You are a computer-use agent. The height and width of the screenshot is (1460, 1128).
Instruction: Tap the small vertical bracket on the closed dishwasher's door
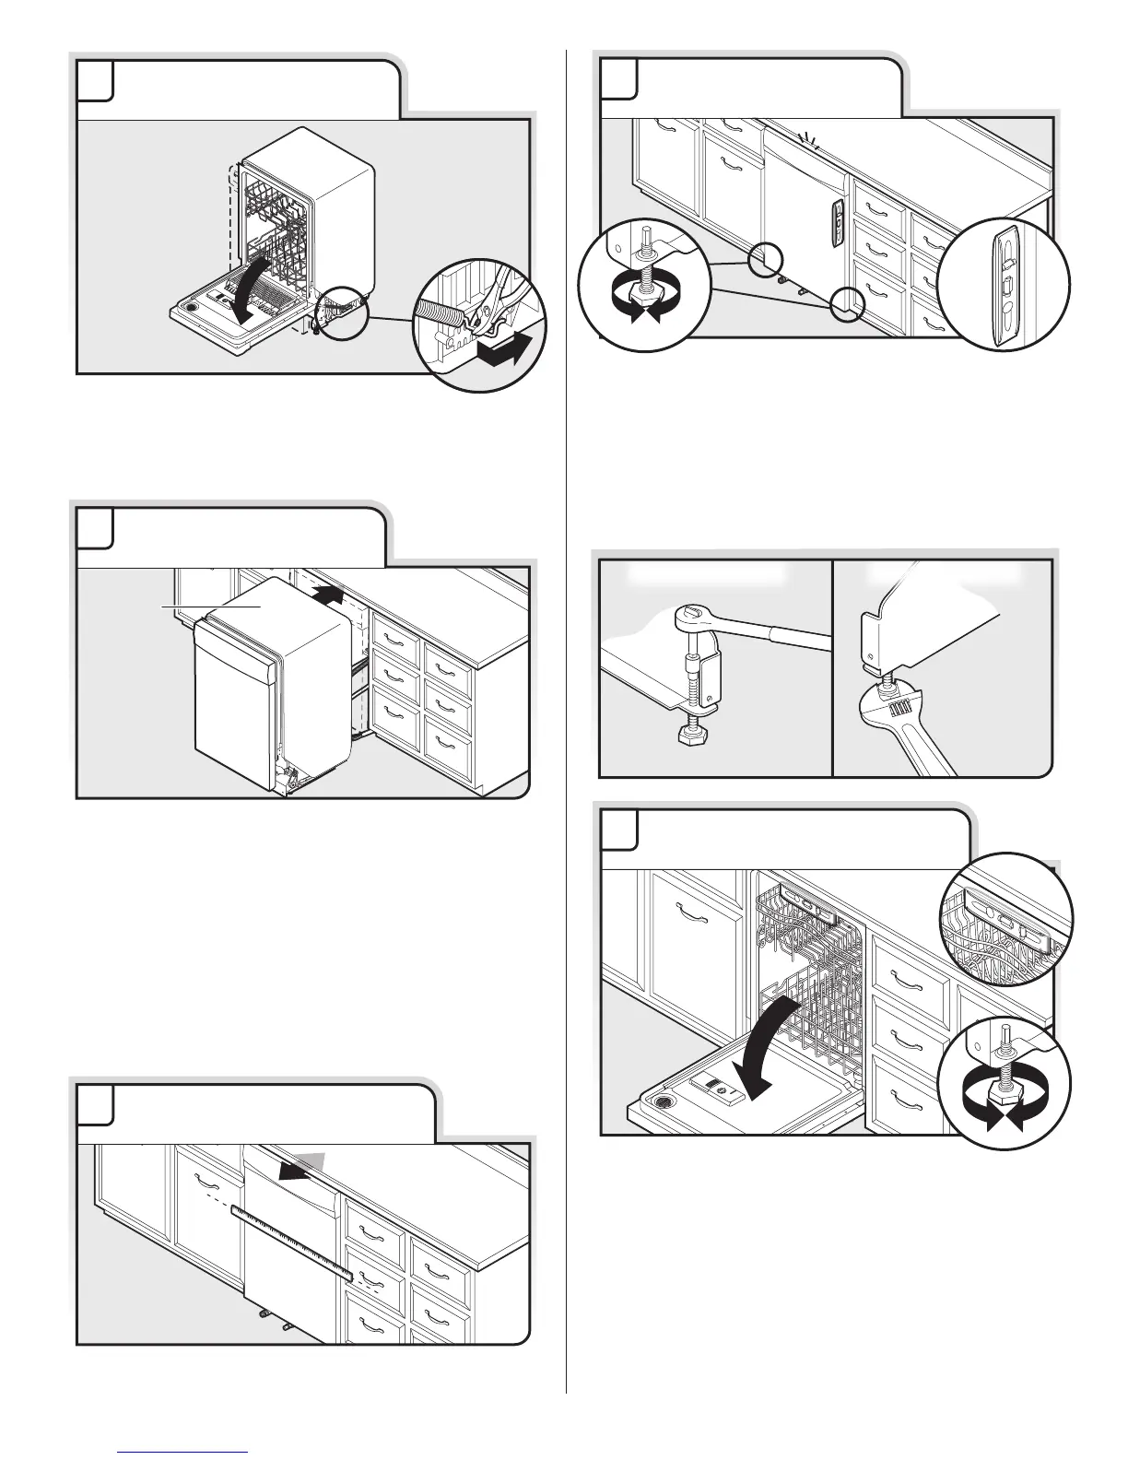pos(836,221)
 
